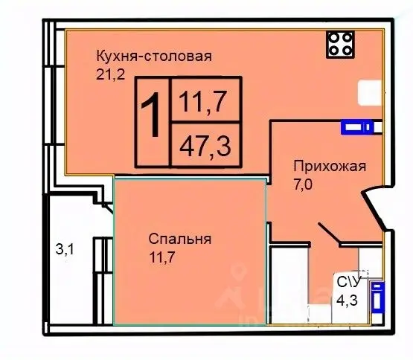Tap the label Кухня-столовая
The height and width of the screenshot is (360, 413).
pyautogui.click(x=154, y=56)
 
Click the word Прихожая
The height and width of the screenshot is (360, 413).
pyautogui.click(x=327, y=166)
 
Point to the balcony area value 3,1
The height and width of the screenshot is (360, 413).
pyautogui.click(x=66, y=249)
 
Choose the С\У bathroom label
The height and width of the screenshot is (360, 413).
pyautogui.click(x=350, y=282)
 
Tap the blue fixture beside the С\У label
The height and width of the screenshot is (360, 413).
pyautogui.click(x=377, y=295)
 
